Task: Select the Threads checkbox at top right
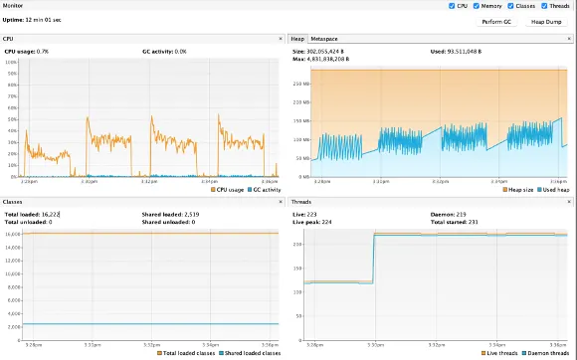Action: [553, 6]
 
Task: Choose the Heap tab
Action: [297, 37]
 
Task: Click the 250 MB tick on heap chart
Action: [301, 84]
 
